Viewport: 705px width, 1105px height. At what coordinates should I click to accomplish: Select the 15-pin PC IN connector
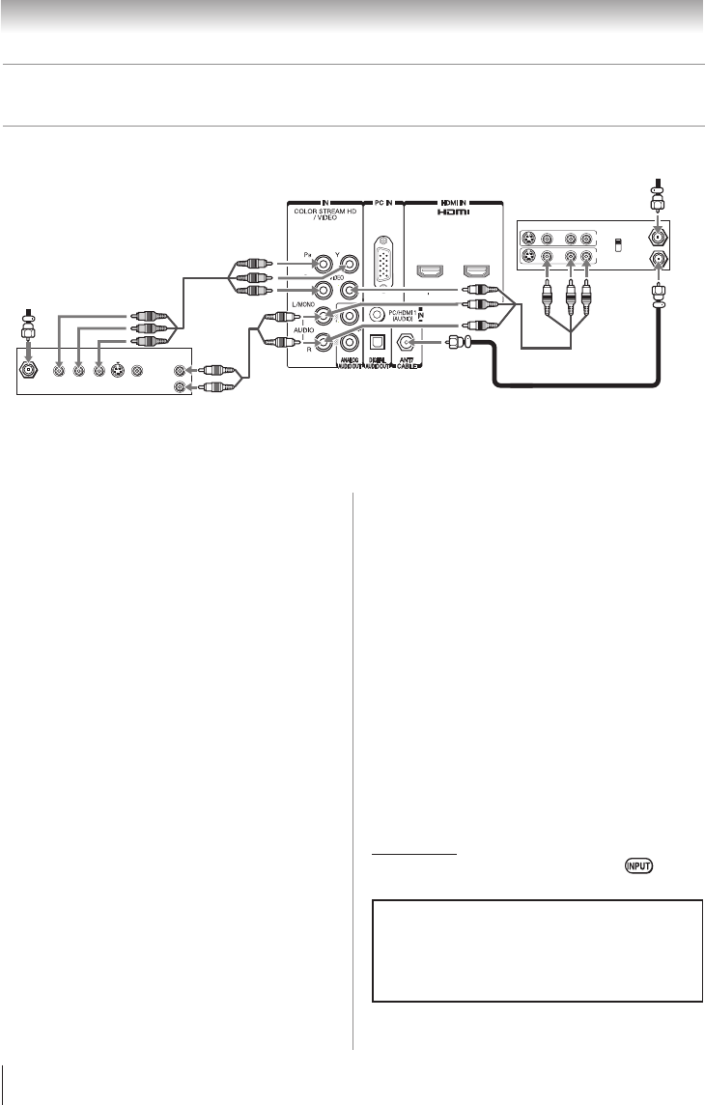(383, 259)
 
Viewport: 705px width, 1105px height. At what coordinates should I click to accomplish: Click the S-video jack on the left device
(117, 370)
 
